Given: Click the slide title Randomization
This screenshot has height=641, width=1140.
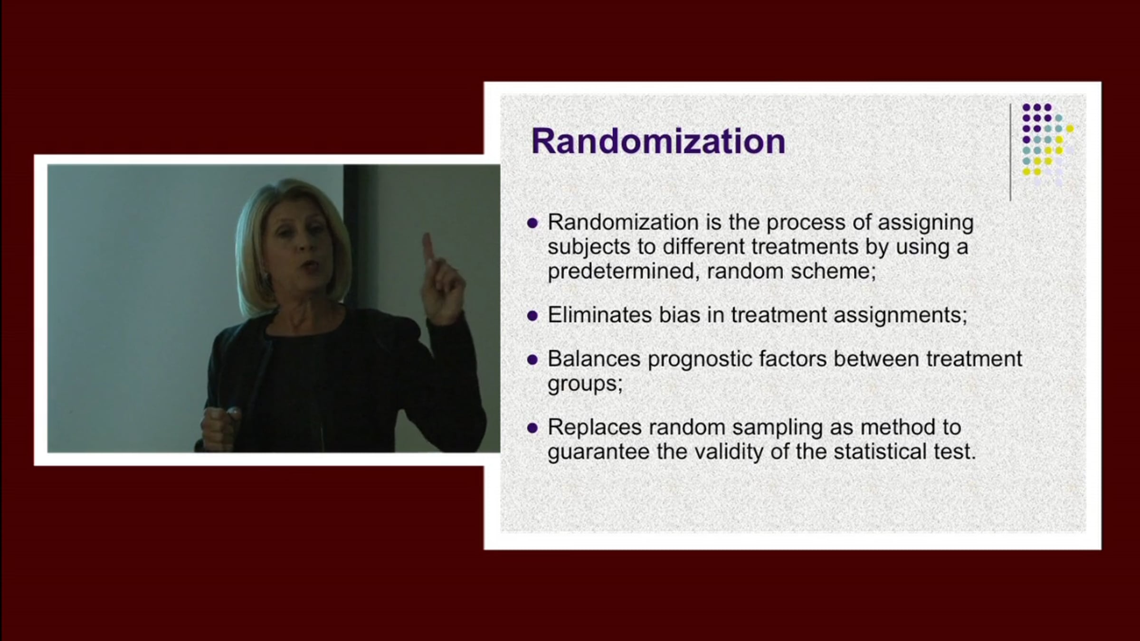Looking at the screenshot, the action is pos(658,141).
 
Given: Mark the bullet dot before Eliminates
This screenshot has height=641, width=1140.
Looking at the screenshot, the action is pos(532,315).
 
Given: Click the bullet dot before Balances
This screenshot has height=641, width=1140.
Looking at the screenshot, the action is pos(532,360).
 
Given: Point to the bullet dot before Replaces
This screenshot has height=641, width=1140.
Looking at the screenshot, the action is pos(532,428).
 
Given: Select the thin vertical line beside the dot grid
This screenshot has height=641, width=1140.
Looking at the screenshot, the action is pos(1010,152).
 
